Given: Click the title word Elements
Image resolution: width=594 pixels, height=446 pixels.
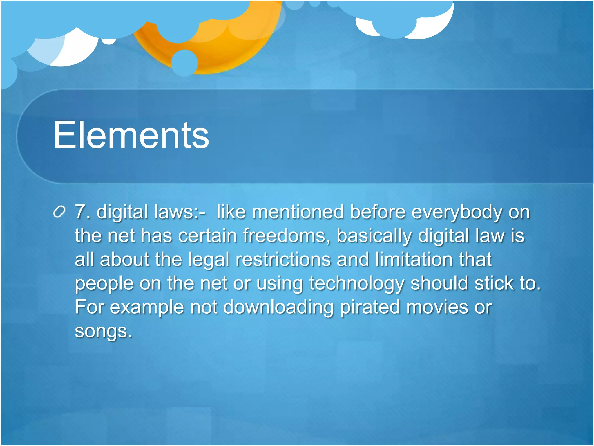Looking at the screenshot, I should pyautogui.click(x=131, y=135).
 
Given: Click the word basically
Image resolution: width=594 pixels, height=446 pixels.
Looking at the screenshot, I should pyautogui.click(x=374, y=236).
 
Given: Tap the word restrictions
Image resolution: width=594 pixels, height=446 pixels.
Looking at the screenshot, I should pyautogui.click(x=283, y=259).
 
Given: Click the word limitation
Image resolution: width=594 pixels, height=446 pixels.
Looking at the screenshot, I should pyautogui.click(x=413, y=259).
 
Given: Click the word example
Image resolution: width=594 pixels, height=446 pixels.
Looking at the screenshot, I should pyautogui.click(x=147, y=307).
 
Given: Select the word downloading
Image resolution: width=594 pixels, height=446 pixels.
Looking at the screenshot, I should pyautogui.click(x=278, y=307).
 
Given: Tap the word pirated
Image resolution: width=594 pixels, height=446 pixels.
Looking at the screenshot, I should pyautogui.click(x=370, y=307).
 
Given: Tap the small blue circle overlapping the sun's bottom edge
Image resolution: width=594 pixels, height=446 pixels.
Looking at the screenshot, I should pyautogui.click(x=184, y=63).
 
